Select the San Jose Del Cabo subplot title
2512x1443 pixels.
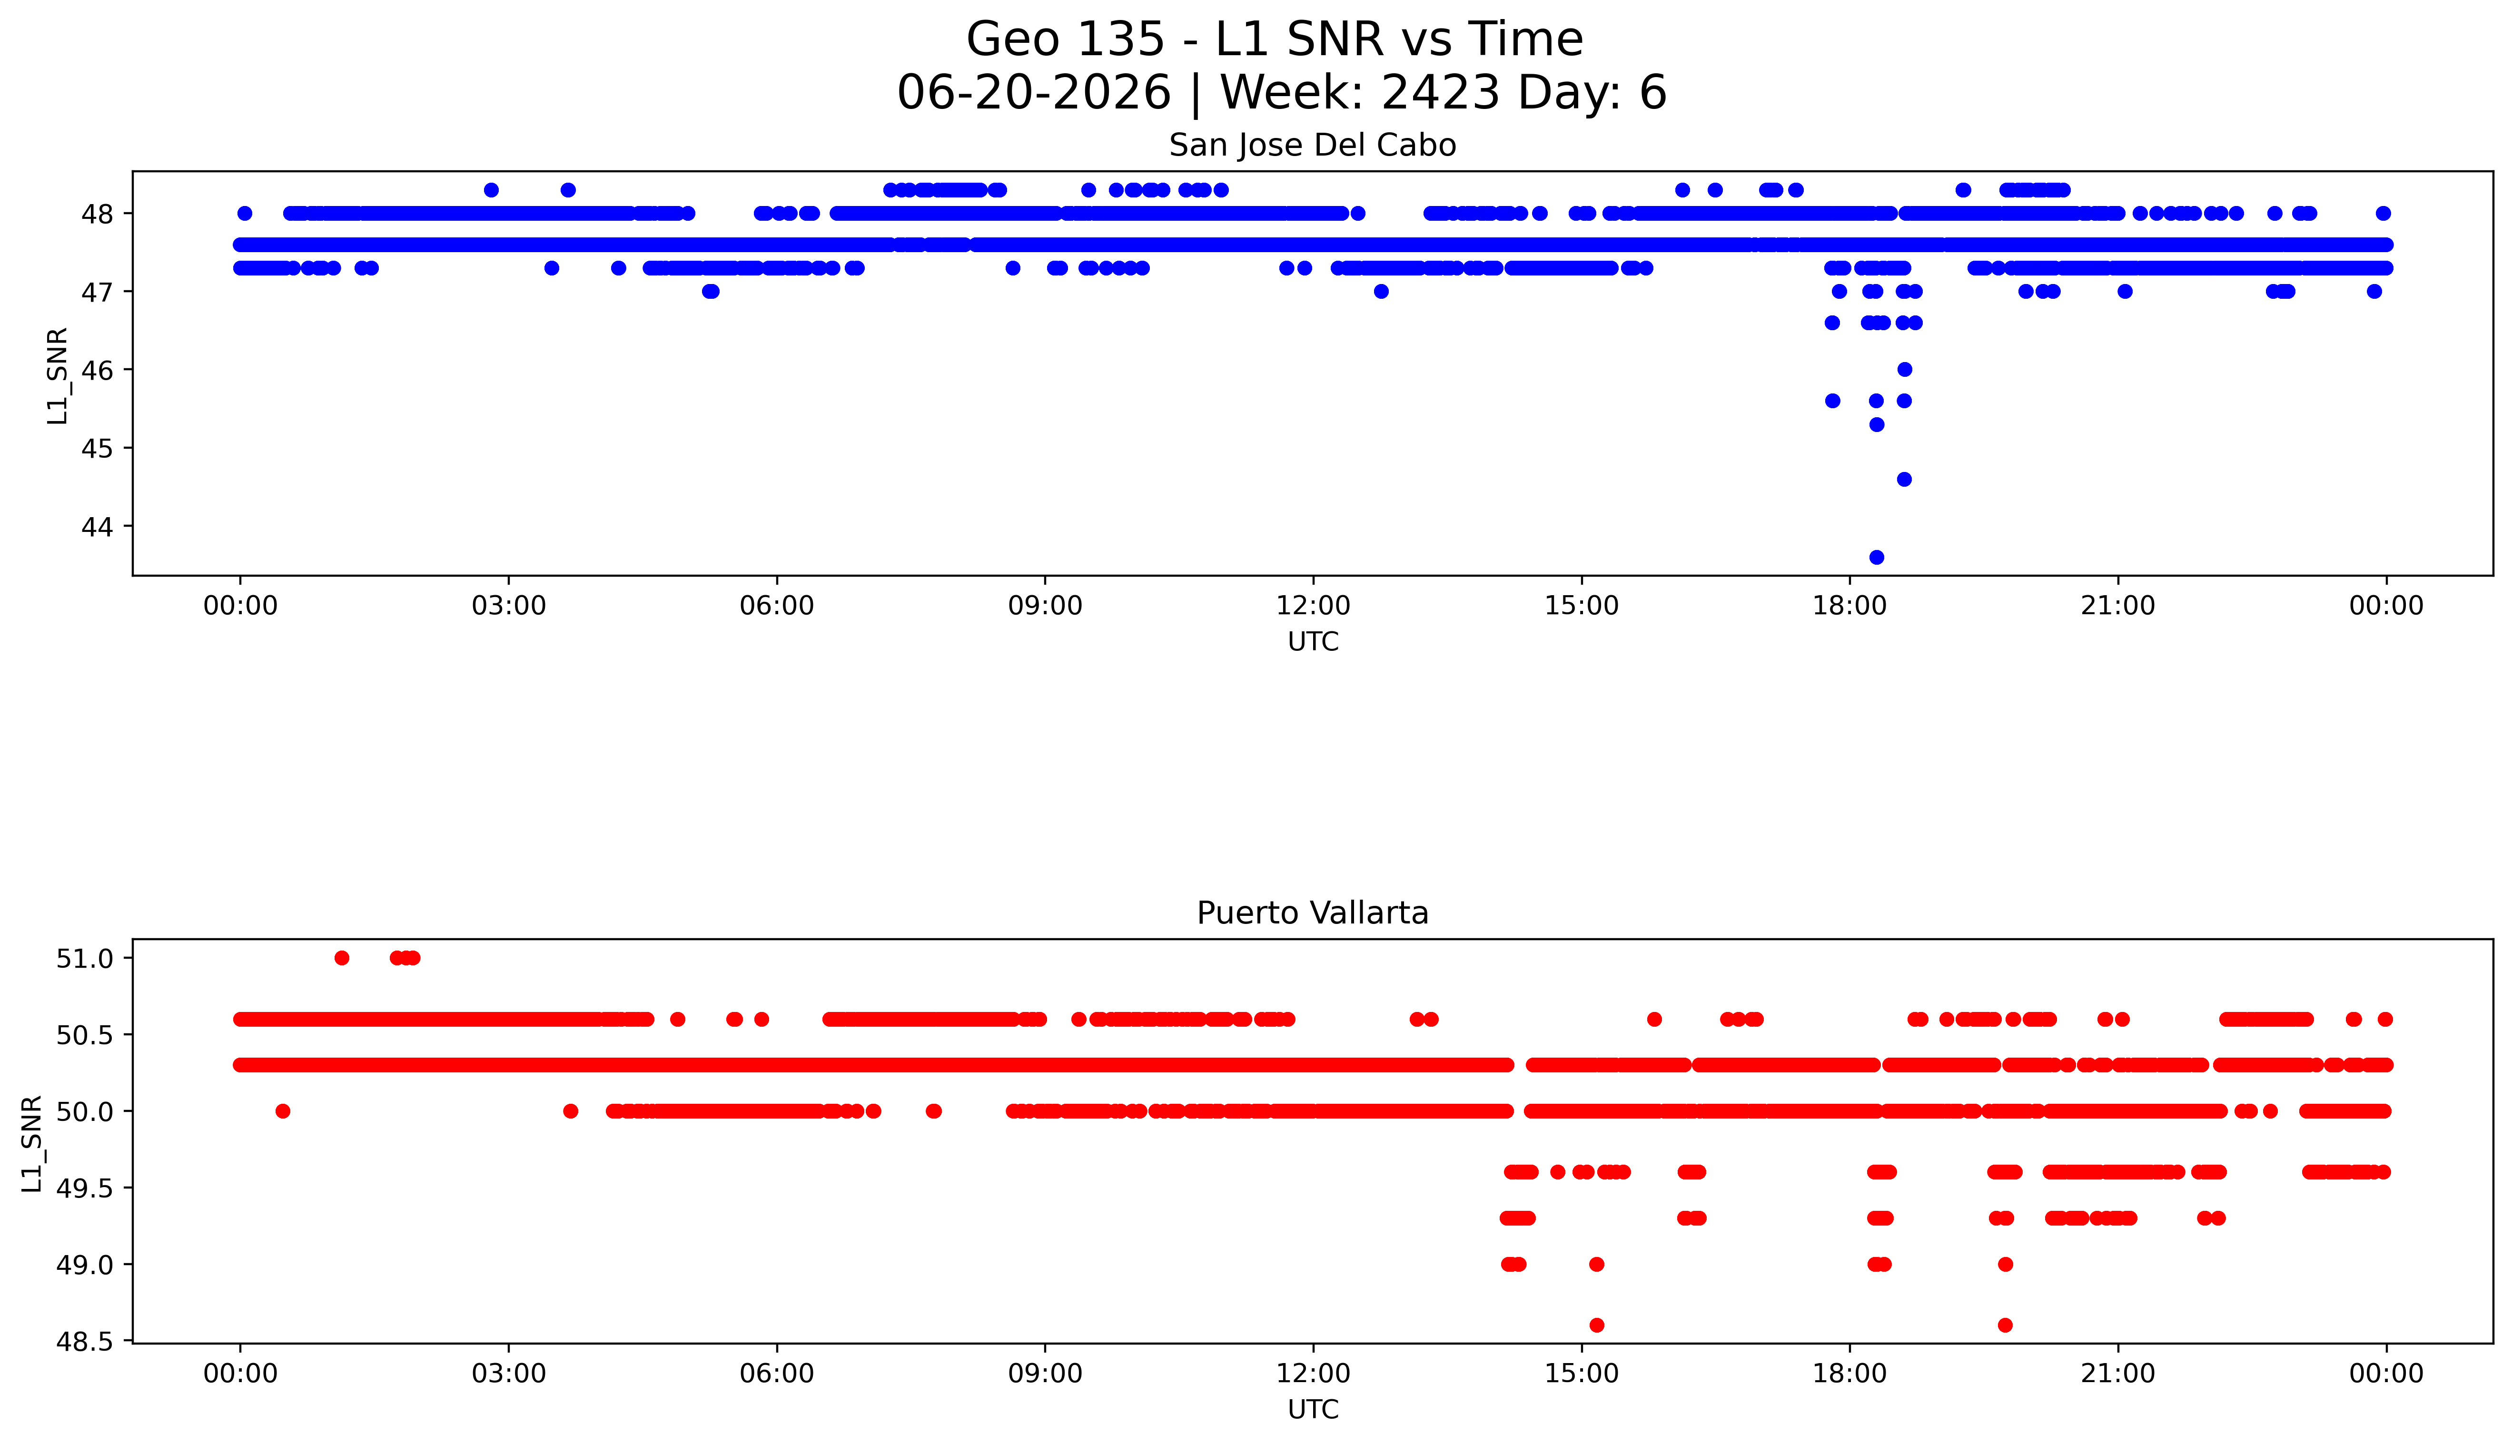tap(1313, 146)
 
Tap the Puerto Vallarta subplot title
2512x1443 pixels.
tap(1313, 913)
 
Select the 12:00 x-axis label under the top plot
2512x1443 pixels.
tap(1314, 606)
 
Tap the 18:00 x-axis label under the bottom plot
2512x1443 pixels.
tap(1850, 1374)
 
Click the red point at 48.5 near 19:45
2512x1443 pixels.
tap(2006, 1325)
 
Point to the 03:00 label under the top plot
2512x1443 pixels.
tap(509, 606)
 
